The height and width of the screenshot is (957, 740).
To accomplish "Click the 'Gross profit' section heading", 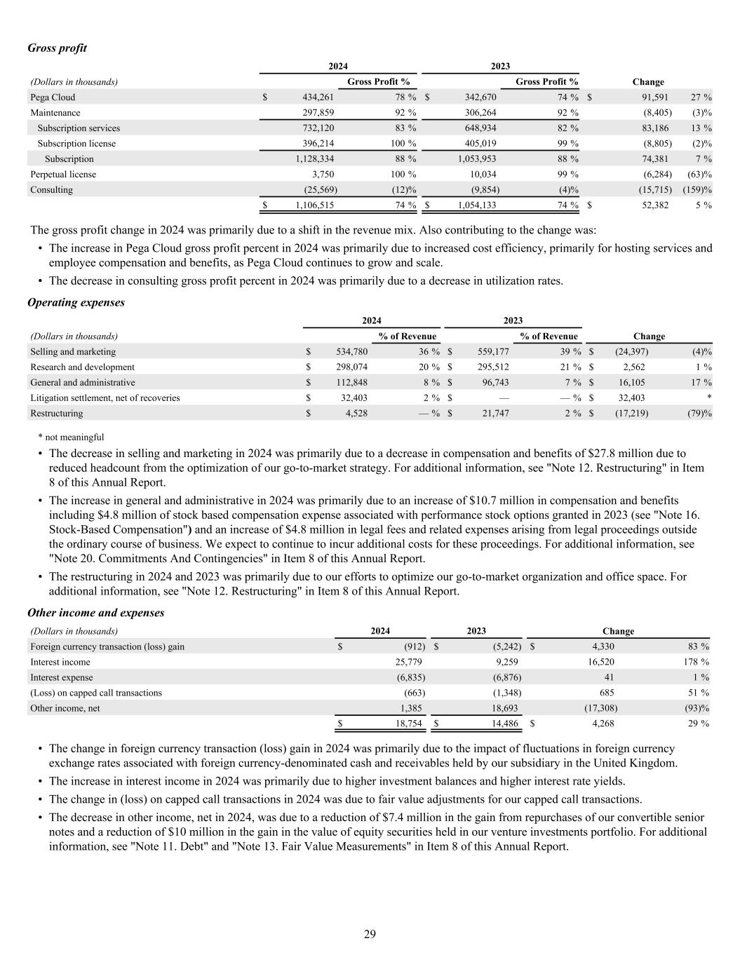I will (57, 48).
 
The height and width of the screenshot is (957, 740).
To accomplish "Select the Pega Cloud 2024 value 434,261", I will (318, 97).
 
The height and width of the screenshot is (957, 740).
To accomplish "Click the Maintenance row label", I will (55, 113).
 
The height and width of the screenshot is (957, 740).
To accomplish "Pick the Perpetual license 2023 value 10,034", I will (483, 175).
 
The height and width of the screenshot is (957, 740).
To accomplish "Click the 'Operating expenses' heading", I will (76, 302).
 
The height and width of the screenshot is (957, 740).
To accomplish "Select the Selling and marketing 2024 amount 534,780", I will (351, 352).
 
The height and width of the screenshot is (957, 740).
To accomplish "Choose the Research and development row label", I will (82, 367).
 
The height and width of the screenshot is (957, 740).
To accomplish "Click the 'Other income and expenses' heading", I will (95, 612).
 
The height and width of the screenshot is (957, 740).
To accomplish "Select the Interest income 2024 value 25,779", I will (408, 662).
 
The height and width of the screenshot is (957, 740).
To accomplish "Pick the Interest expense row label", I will (61, 677).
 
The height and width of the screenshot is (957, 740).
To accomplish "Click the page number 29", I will (370, 933).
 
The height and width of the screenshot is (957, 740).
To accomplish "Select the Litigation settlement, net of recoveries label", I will (105, 398).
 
